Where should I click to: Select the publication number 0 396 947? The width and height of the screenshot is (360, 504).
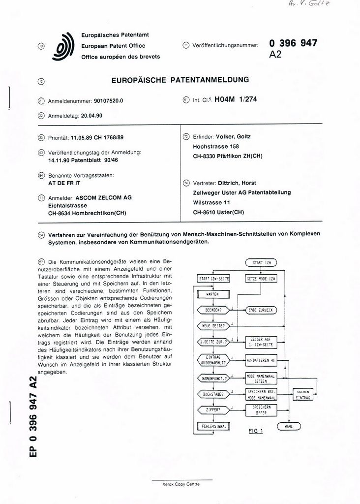[293, 43]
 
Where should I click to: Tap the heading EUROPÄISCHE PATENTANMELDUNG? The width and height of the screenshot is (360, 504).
[180, 79]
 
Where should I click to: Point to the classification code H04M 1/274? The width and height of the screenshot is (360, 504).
[236, 99]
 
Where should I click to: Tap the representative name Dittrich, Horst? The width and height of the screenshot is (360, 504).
[238, 183]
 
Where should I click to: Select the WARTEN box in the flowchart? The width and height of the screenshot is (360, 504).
[213, 294]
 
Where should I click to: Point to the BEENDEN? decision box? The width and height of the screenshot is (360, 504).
[213, 310]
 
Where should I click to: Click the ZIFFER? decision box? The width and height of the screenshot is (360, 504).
[213, 409]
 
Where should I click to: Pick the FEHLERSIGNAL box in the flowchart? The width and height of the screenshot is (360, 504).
[213, 426]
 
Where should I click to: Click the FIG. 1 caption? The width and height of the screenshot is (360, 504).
[256, 432]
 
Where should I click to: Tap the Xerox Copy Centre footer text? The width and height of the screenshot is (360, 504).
[181, 484]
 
